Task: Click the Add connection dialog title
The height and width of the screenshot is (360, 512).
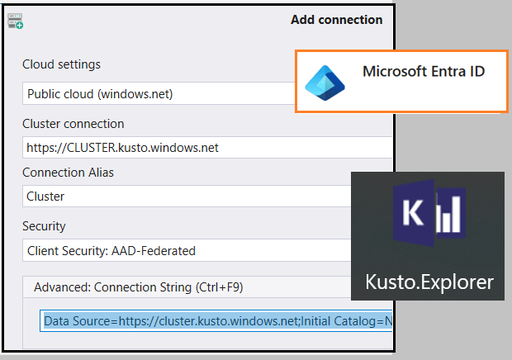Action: (336, 20)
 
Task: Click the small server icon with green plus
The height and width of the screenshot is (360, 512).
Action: (15, 21)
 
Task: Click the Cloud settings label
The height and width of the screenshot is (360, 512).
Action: (61, 64)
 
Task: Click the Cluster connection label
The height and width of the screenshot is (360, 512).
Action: (73, 124)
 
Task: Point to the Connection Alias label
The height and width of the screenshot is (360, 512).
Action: (68, 173)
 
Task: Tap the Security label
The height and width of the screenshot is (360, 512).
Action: (44, 225)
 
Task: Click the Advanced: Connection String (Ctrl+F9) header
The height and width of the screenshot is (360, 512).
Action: (138, 287)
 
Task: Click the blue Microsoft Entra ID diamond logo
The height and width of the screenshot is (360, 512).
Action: (324, 82)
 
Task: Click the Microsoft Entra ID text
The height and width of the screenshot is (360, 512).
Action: (423, 72)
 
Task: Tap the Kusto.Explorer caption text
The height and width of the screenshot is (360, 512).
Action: (429, 282)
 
